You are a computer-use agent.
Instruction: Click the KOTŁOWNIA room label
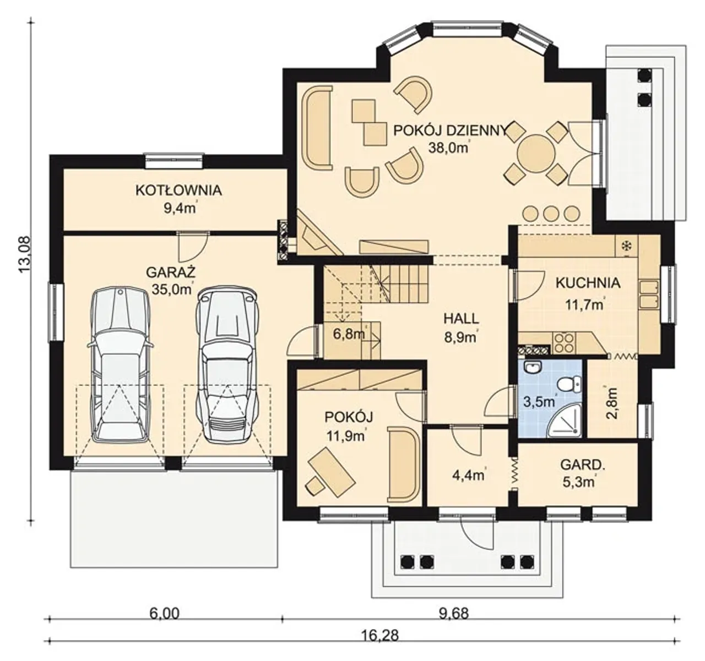(x=178, y=190)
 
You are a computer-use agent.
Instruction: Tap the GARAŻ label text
(x=171, y=272)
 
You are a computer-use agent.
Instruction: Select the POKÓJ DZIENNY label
(x=450, y=130)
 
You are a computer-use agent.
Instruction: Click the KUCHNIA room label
(x=588, y=283)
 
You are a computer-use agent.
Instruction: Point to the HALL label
(x=461, y=318)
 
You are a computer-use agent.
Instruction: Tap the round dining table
(x=536, y=154)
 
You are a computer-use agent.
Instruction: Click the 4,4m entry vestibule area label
(x=468, y=475)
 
